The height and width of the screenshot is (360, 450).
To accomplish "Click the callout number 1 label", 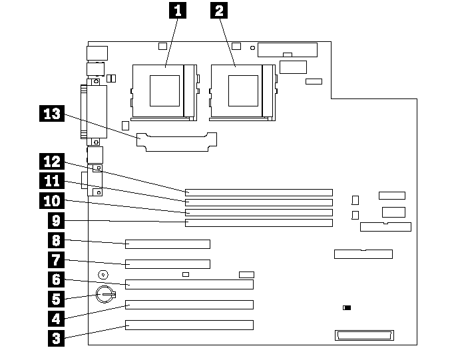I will [176, 10].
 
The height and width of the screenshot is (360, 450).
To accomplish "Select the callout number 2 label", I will [218, 10].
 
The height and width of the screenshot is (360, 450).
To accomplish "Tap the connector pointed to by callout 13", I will [177, 142].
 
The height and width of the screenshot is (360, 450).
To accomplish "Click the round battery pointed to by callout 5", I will [107, 293].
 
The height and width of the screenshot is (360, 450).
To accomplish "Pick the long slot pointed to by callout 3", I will [189, 325].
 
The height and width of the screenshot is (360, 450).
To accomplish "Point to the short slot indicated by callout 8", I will [167, 244].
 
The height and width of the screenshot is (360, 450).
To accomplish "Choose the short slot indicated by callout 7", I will [167, 264].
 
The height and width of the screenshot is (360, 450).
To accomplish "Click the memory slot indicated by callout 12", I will [258, 192].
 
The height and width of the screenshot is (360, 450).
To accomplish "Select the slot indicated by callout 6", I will [189, 285].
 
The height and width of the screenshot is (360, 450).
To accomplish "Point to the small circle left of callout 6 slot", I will [103, 274].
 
